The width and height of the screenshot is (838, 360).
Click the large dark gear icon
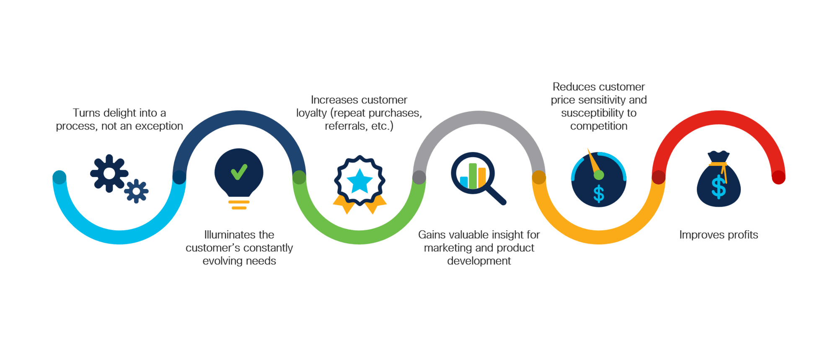(109, 174)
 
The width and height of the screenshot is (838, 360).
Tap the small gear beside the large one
(136, 192)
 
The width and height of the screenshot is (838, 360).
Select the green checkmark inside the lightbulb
(239, 172)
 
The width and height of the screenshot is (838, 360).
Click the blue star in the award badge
(360, 181)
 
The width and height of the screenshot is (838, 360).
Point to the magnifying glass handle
(497, 195)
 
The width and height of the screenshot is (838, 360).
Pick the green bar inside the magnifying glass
(473, 176)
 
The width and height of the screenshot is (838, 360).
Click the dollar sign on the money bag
(719, 187)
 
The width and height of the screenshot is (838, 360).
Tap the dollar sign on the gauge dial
(599, 194)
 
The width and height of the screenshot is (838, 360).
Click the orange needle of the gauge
(594, 163)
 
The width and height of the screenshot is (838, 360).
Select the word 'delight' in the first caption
(119, 113)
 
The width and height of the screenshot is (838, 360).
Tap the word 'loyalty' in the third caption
(311, 113)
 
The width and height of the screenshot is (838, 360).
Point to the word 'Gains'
(432, 235)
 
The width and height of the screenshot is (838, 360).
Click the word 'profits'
(743, 235)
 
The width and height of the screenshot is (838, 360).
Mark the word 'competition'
(599, 126)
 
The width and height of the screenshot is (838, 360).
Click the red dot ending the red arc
(779, 177)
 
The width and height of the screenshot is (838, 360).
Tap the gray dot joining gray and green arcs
(419, 177)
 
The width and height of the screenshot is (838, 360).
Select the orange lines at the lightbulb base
(239, 205)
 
